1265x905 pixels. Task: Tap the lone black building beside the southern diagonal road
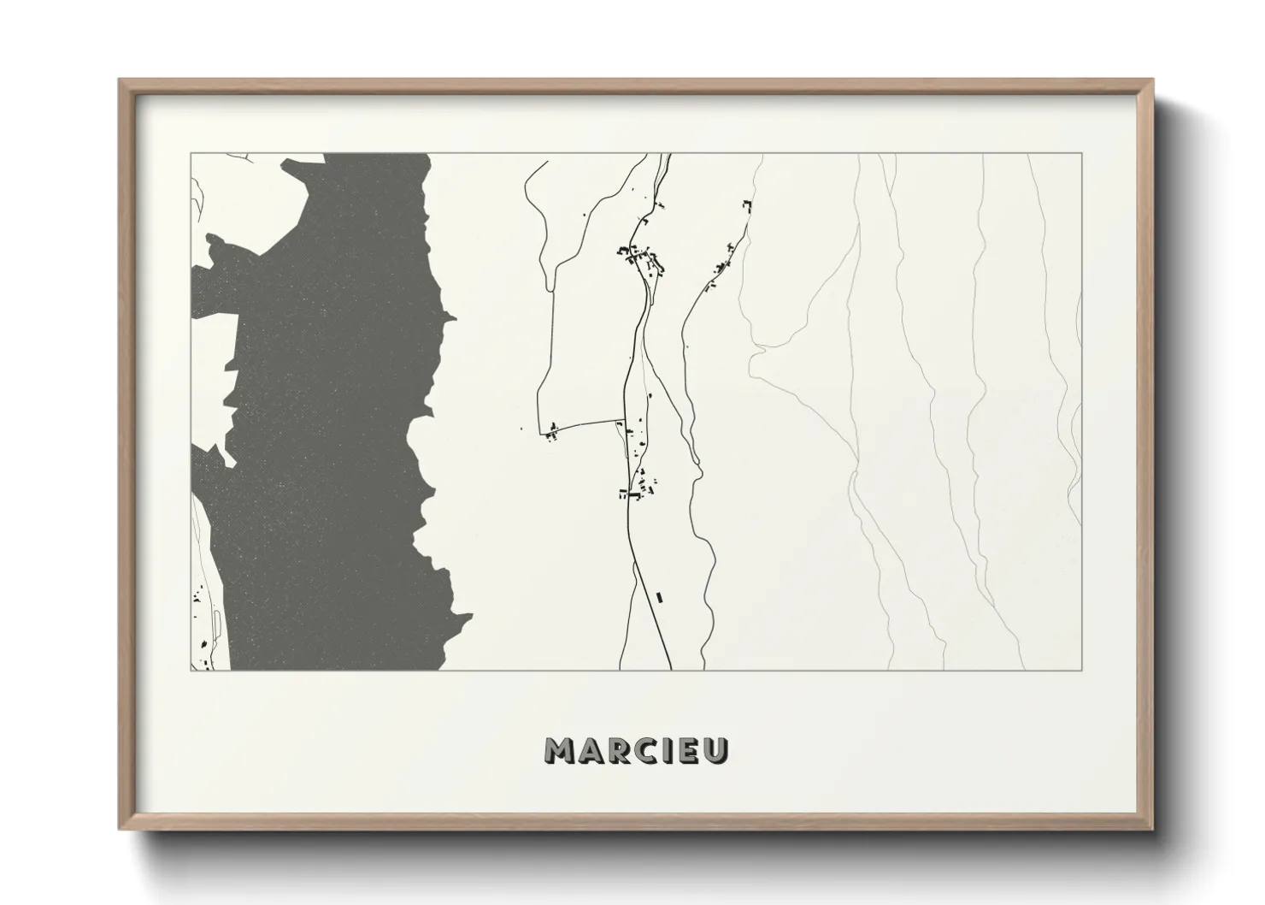pos(658,595)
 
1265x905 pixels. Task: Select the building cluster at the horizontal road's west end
pos(552,432)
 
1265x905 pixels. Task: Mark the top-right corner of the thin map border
pos(1082,153)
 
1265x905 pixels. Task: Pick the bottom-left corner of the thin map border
pos(191,671)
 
